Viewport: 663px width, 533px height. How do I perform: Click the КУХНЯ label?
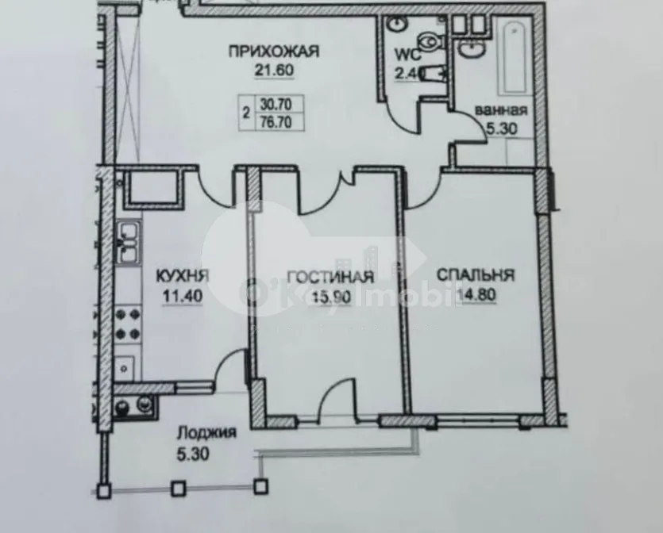183,277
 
